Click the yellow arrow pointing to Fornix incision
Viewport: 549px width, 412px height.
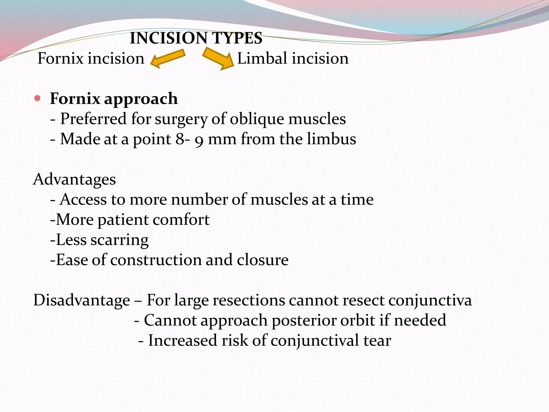(x=168, y=58)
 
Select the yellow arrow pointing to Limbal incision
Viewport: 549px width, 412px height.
(x=218, y=58)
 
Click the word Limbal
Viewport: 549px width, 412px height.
(x=262, y=58)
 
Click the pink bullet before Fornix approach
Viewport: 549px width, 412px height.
(x=38, y=99)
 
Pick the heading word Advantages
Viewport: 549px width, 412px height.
(x=75, y=179)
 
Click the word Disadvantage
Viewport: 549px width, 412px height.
(x=82, y=300)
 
